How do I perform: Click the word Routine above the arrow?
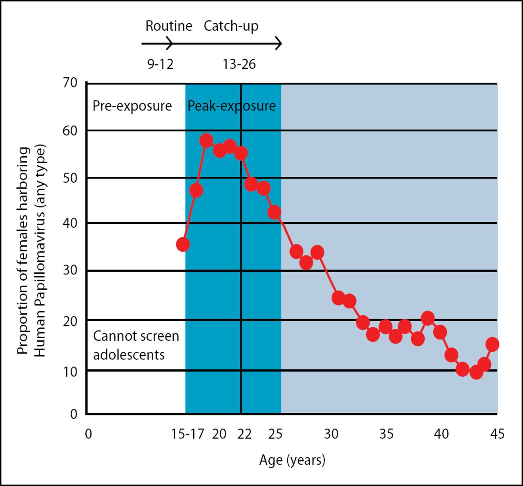point(169,26)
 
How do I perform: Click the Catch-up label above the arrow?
point(231,26)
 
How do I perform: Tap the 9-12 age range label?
point(160,64)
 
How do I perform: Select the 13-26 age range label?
point(239,64)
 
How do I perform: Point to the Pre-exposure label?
point(132,106)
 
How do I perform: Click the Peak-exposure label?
point(231,106)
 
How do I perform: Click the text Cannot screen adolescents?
point(136,345)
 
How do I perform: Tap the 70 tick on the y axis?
point(70,83)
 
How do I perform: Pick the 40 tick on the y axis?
point(70,223)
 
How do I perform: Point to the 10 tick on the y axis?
point(70,371)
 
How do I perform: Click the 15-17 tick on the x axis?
point(188,434)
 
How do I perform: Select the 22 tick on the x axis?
point(244,434)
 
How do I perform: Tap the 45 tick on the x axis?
point(497,434)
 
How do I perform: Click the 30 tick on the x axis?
point(331,434)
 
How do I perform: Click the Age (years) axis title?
point(292,460)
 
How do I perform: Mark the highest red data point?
point(206,141)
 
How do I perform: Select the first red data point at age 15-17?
point(183,245)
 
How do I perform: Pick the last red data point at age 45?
point(492,344)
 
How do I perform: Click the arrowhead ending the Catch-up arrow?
point(279,43)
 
